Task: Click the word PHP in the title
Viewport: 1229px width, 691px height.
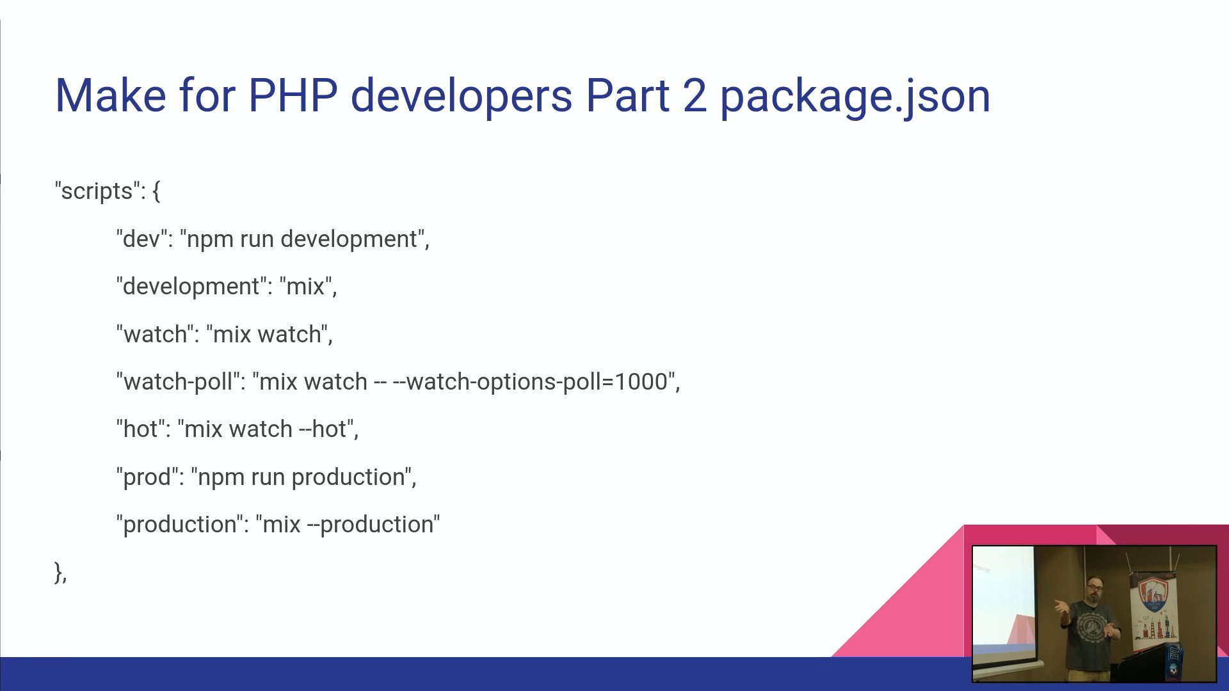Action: pos(293,96)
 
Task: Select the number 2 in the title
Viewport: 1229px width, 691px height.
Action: pos(695,96)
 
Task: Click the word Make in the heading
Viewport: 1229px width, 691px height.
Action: pos(111,96)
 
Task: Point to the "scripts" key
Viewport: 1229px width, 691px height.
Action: pos(97,191)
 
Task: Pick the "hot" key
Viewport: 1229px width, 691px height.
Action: pos(140,429)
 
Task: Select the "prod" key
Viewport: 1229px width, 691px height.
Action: pos(147,477)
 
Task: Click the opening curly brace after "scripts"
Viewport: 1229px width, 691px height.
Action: pos(156,191)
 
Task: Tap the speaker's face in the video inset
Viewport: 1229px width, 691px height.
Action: pos(1094,589)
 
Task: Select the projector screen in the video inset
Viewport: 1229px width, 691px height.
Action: pos(1002,601)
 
